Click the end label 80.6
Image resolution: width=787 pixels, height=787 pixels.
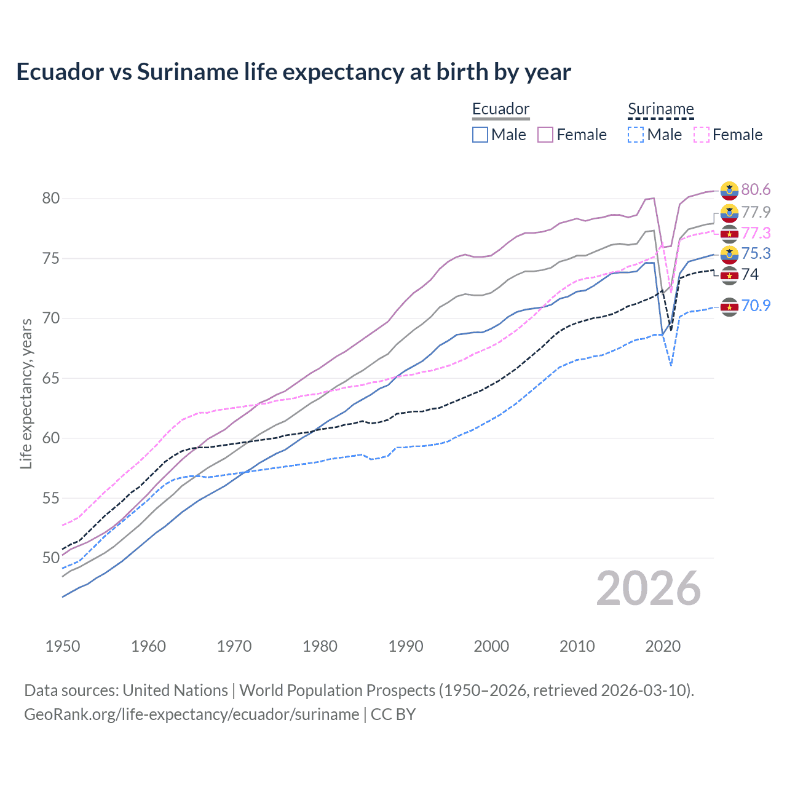point(756,189)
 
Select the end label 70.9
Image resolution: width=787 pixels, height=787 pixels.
point(756,306)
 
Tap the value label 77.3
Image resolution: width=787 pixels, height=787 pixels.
point(756,233)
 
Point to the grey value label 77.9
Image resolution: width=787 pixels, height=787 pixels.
point(756,212)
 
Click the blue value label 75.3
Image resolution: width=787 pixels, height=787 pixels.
point(756,253)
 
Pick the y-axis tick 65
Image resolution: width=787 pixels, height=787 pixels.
point(51,378)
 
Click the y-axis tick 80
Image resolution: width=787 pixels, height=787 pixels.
point(51,198)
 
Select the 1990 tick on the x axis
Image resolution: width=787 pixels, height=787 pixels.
point(406,646)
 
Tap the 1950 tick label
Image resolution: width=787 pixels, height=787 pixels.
point(63,646)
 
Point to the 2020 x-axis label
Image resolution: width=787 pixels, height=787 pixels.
point(663,646)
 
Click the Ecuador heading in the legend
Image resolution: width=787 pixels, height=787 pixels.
point(500,109)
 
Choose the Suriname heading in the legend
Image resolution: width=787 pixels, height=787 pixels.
point(660,109)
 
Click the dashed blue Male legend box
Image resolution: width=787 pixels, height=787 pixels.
point(636,135)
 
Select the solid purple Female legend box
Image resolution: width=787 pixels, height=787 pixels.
point(545,135)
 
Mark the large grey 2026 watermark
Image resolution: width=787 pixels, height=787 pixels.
point(648,588)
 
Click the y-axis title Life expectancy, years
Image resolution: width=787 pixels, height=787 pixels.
point(26,393)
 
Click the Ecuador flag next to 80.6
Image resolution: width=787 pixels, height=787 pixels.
point(729,191)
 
